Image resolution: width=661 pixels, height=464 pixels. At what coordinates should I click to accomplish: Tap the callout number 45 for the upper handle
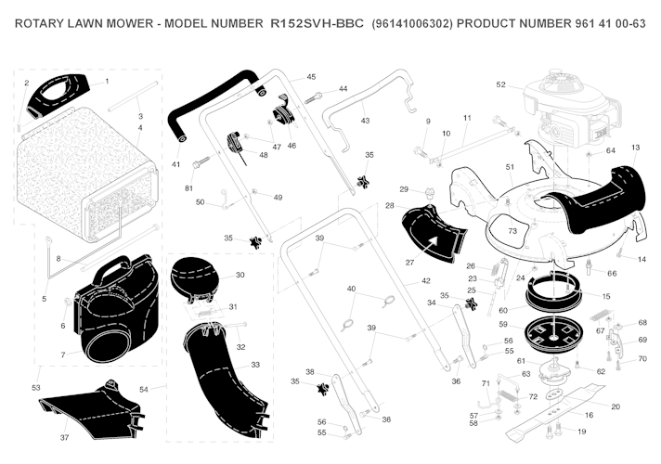311,77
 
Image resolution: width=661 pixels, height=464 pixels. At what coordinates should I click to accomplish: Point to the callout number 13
635,148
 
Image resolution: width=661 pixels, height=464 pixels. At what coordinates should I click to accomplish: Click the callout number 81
188,189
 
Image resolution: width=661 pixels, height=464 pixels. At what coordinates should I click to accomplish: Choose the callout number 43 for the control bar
365,121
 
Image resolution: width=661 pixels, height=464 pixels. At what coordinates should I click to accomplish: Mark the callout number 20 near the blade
616,407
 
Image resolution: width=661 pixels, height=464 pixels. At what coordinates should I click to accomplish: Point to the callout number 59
502,325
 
